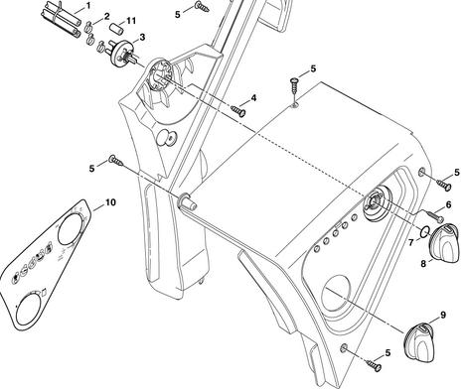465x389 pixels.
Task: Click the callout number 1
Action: (88, 6)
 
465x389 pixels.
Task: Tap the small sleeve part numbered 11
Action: (117, 28)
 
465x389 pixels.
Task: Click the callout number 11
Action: (131, 21)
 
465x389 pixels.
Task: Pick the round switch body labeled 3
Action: (121, 53)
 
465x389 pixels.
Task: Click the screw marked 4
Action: (238, 111)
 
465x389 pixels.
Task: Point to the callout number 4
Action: (253, 98)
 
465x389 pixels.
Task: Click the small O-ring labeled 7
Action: (424, 232)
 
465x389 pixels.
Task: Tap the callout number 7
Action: (411, 243)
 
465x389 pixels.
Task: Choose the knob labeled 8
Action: (444, 243)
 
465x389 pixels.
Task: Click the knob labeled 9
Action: (419, 342)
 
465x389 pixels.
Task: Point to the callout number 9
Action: (443, 316)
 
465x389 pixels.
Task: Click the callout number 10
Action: (110, 202)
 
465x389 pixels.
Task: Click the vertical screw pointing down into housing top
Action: (294, 86)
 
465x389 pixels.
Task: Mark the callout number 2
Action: (106, 17)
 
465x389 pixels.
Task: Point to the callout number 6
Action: (448, 204)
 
